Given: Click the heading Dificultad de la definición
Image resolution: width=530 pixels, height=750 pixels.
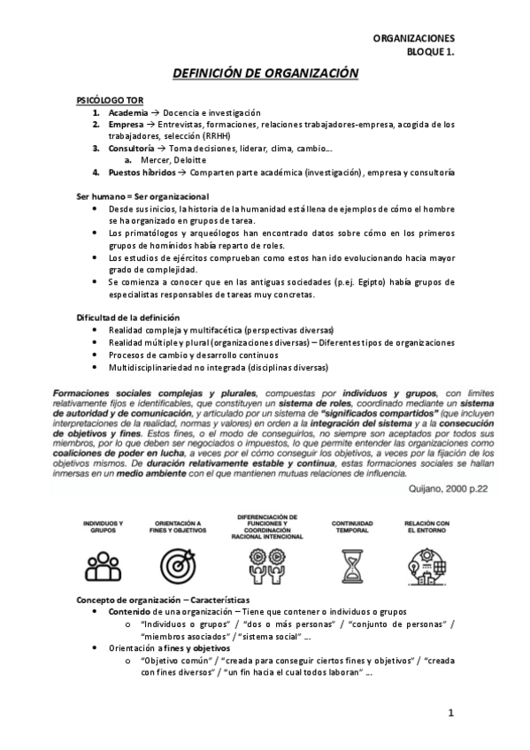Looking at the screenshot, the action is [128, 317].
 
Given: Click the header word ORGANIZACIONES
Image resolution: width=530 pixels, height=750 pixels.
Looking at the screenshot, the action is [413, 39].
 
